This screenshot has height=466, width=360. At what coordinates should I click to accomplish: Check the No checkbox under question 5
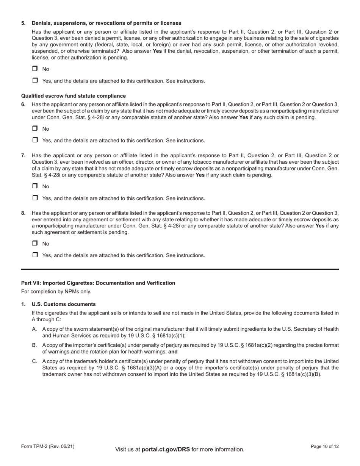click(x=35, y=69)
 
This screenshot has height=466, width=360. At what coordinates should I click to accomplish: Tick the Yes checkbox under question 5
click(x=35, y=80)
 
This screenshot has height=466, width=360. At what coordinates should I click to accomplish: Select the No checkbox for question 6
click(x=35, y=128)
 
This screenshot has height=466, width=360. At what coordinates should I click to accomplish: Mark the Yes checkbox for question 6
click(x=35, y=140)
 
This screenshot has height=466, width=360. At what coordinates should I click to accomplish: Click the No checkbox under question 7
click(x=35, y=186)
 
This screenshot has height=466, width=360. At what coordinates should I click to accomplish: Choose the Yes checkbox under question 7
click(x=35, y=198)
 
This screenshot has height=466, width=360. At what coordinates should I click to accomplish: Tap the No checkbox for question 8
click(x=35, y=243)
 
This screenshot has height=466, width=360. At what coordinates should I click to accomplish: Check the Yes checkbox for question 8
click(x=35, y=255)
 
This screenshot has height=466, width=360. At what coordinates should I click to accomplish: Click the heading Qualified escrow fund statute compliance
click(x=74, y=96)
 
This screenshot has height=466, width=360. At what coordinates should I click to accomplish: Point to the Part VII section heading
click(x=98, y=283)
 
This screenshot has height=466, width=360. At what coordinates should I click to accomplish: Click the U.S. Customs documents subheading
click(x=64, y=304)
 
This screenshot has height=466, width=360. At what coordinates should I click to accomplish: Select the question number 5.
click(x=23, y=23)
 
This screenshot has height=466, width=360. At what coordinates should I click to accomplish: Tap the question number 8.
click(x=23, y=213)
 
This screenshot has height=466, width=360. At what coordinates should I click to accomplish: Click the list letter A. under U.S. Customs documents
click(x=34, y=329)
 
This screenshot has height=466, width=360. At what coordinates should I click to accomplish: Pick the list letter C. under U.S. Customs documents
click(x=34, y=361)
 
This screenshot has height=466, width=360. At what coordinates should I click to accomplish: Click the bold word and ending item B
click(x=173, y=352)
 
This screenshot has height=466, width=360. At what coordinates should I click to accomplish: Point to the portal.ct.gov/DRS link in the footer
click(x=166, y=449)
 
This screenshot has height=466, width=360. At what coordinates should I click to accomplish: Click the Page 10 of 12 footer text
click(x=325, y=447)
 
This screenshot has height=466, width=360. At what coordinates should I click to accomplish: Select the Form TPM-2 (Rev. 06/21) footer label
click(x=48, y=447)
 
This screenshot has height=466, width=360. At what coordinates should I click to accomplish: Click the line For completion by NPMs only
click(x=56, y=292)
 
